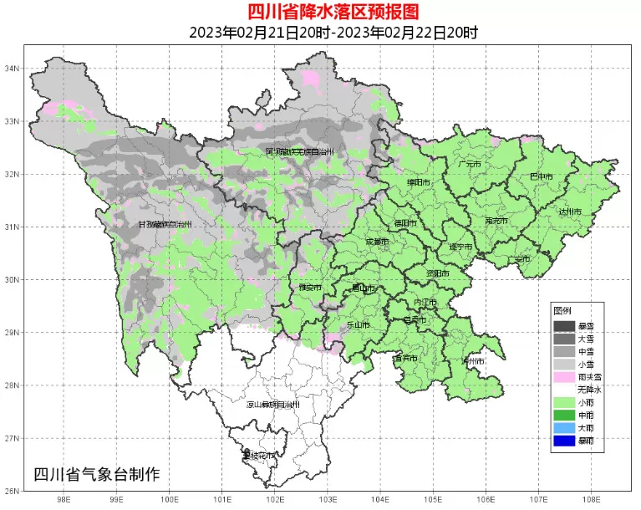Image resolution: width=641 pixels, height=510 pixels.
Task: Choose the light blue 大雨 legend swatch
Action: [564, 427]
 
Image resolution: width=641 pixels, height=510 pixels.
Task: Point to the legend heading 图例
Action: [562, 310]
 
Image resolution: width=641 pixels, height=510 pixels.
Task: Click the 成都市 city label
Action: [377, 242]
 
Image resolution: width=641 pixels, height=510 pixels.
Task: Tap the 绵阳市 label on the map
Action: [419, 181]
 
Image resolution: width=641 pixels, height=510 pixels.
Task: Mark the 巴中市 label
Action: [542, 176]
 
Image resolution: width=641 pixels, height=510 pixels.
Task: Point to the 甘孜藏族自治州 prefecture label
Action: [165, 224]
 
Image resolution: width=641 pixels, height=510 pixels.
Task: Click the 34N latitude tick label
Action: [13, 69]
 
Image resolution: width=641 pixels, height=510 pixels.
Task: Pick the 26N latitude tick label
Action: [13, 491]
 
